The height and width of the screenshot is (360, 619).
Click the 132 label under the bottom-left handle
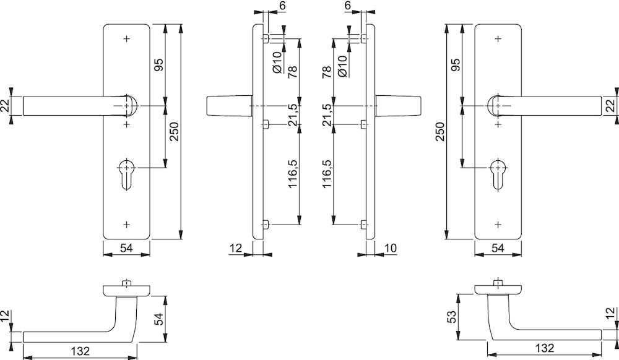[x=80, y=350]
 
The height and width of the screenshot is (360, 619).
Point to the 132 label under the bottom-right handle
[x=544, y=348]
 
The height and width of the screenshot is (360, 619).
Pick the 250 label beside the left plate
[x=175, y=131]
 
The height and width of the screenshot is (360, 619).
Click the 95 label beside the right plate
[x=455, y=65]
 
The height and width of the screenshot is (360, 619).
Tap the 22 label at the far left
[x=5, y=106]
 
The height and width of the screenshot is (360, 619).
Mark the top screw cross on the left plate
[x=127, y=38]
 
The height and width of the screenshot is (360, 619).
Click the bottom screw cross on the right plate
[x=498, y=225]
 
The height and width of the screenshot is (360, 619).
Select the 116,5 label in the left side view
[x=292, y=173]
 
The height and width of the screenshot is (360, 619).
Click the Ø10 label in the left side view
[x=277, y=62]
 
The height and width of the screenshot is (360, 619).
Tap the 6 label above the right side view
[x=347, y=6]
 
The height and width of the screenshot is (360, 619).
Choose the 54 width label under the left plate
[x=126, y=248]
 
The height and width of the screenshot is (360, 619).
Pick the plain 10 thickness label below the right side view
[x=389, y=248]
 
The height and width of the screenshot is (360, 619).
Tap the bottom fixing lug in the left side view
[x=266, y=225]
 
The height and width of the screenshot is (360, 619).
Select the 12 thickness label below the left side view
[x=235, y=248]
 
